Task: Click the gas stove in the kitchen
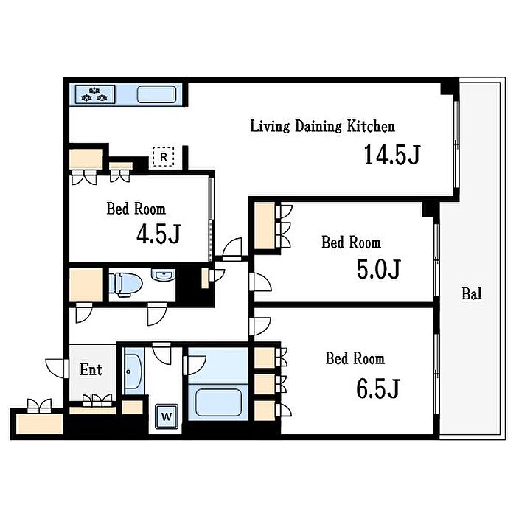(x=95, y=94)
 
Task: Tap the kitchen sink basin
(x=156, y=95)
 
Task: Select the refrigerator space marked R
(x=164, y=156)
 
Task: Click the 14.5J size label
(x=392, y=155)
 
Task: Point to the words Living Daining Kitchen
(x=323, y=126)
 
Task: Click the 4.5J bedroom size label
(x=159, y=234)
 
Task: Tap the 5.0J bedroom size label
(x=379, y=269)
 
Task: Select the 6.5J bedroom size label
(x=378, y=388)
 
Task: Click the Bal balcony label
(x=472, y=293)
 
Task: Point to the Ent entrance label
(x=91, y=369)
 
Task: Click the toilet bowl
(x=125, y=284)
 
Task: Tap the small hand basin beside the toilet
(x=163, y=274)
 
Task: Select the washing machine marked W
(x=167, y=416)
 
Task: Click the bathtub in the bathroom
(x=218, y=402)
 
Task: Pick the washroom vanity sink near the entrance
(x=133, y=372)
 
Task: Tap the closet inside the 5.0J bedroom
(x=265, y=226)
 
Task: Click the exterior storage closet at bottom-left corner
(x=40, y=424)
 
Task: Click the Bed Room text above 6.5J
(x=355, y=358)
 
